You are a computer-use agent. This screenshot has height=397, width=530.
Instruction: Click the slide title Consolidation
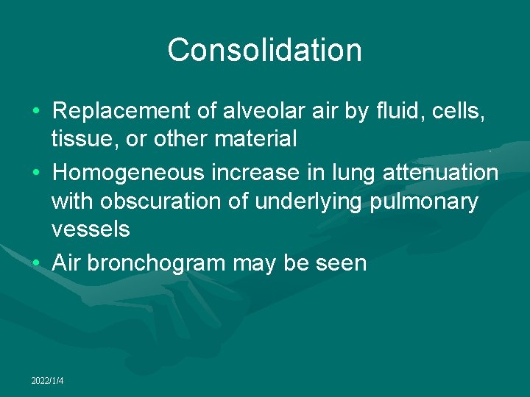(264, 51)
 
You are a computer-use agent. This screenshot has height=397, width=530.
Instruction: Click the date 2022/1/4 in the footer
(48, 380)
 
